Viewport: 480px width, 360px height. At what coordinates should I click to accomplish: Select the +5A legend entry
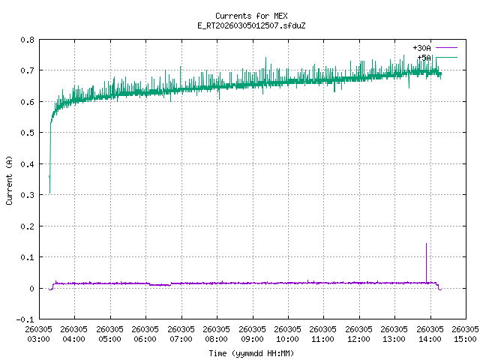(x=424, y=57)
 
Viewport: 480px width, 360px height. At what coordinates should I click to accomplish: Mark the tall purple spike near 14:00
(x=426, y=244)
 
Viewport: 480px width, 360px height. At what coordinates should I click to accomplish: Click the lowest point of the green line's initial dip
(x=50, y=193)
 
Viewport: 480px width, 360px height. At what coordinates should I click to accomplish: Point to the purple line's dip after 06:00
(x=160, y=285)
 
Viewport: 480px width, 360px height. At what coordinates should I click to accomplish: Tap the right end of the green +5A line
(x=441, y=73)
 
